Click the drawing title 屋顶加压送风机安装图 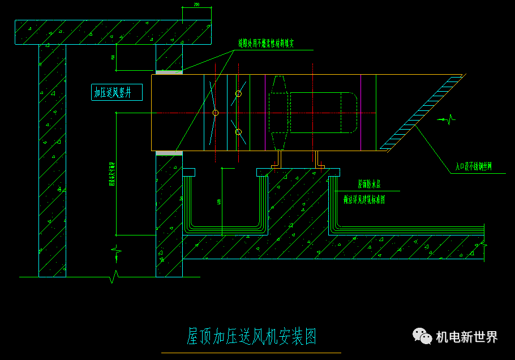(x=251, y=336)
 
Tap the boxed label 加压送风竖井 (x=117, y=92)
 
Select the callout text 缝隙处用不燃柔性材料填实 (x=266, y=43)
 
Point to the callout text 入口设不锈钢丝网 (x=474, y=166)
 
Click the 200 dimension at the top (x=196, y=5)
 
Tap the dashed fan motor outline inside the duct (x=323, y=112)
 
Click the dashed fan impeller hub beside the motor (x=279, y=112)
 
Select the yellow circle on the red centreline (x=216, y=113)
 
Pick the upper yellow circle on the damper (x=238, y=93)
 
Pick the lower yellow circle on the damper (x=238, y=132)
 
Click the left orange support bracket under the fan (x=278, y=160)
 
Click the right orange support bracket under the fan (x=317, y=160)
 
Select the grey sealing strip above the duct (x=169, y=72)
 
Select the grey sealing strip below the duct (x=169, y=153)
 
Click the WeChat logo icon (x=422, y=336)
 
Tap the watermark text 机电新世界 (x=467, y=337)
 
